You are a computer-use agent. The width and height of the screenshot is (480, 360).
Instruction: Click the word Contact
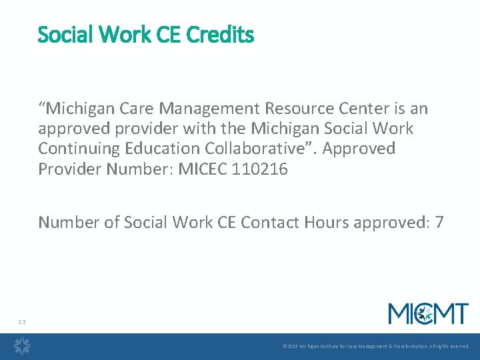click(x=265, y=222)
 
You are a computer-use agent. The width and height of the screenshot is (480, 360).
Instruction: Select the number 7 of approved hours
click(x=439, y=222)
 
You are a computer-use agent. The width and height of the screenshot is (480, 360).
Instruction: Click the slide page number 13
click(x=22, y=322)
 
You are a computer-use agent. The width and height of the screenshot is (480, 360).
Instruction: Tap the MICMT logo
click(x=429, y=313)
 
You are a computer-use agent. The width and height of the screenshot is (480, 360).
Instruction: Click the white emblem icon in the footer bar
click(x=23, y=347)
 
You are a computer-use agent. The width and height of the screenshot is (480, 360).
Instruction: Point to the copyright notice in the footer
click(x=376, y=347)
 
